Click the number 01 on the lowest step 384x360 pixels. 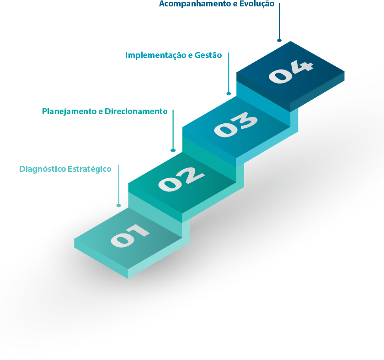click(130, 235)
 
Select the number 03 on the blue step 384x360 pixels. click(236, 125)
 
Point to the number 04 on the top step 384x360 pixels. click(291, 71)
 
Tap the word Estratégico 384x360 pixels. click(90, 169)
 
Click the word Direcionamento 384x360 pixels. click(136, 111)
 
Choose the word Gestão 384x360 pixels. click(208, 55)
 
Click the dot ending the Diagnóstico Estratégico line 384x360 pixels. click(119, 206)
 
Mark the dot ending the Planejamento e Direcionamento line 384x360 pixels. click(173, 150)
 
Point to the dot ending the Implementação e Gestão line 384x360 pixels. click(229, 94)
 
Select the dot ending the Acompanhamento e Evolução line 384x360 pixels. click(279, 40)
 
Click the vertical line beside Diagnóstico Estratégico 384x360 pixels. click(119, 183)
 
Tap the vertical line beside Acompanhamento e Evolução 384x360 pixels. click(279, 21)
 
